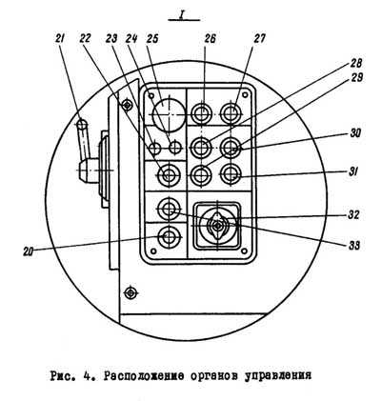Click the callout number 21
(60, 39)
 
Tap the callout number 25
(152, 39)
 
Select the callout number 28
(356, 64)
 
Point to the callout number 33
(353, 245)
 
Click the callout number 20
(29, 251)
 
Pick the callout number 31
(352, 172)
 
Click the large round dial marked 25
(169, 114)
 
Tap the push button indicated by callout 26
(202, 114)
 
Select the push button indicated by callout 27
(231, 113)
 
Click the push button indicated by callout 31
(231, 174)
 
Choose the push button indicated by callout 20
(169, 236)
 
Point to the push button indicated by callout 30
(231, 148)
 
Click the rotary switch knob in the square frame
(217, 226)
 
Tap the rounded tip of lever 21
(82, 123)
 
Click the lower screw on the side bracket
(130, 292)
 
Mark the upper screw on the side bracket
(128, 104)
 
